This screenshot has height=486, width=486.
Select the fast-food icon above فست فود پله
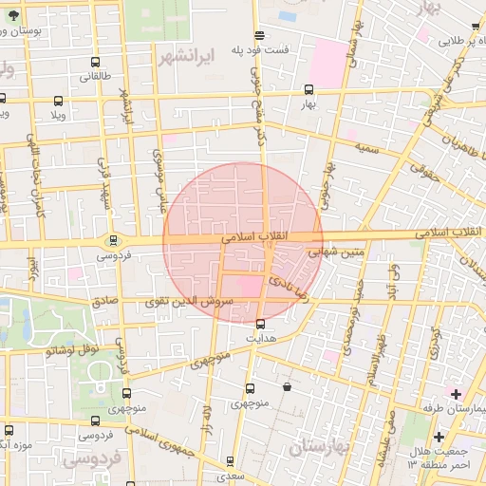click(x=261, y=34)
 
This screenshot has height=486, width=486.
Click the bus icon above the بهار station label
click(x=308, y=90)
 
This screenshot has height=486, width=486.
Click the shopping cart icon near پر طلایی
click(x=476, y=28)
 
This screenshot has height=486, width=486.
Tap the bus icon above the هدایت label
click(x=261, y=324)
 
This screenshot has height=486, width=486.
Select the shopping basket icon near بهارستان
click(x=288, y=386)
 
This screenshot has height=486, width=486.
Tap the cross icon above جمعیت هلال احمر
click(x=439, y=436)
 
